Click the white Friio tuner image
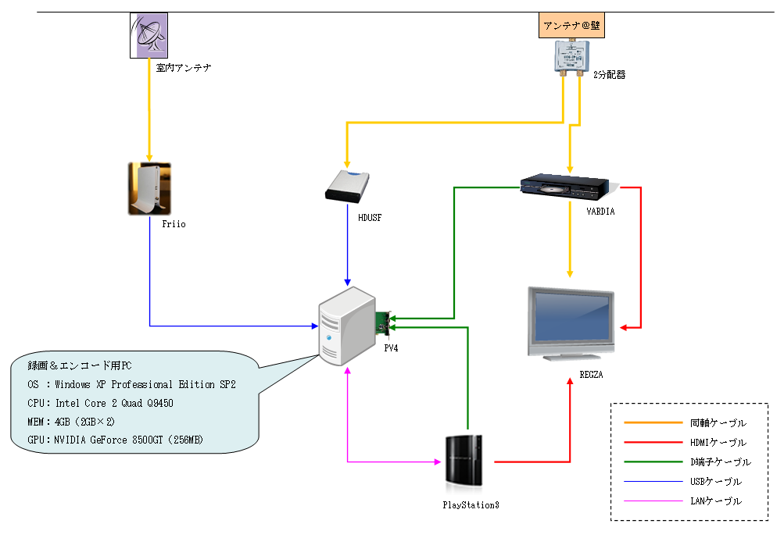[x=149, y=188]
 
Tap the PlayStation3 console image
[x=467, y=460]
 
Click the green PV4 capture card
[x=384, y=320]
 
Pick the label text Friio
[x=174, y=224]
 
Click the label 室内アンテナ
[x=184, y=69]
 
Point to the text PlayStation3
[x=471, y=504]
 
